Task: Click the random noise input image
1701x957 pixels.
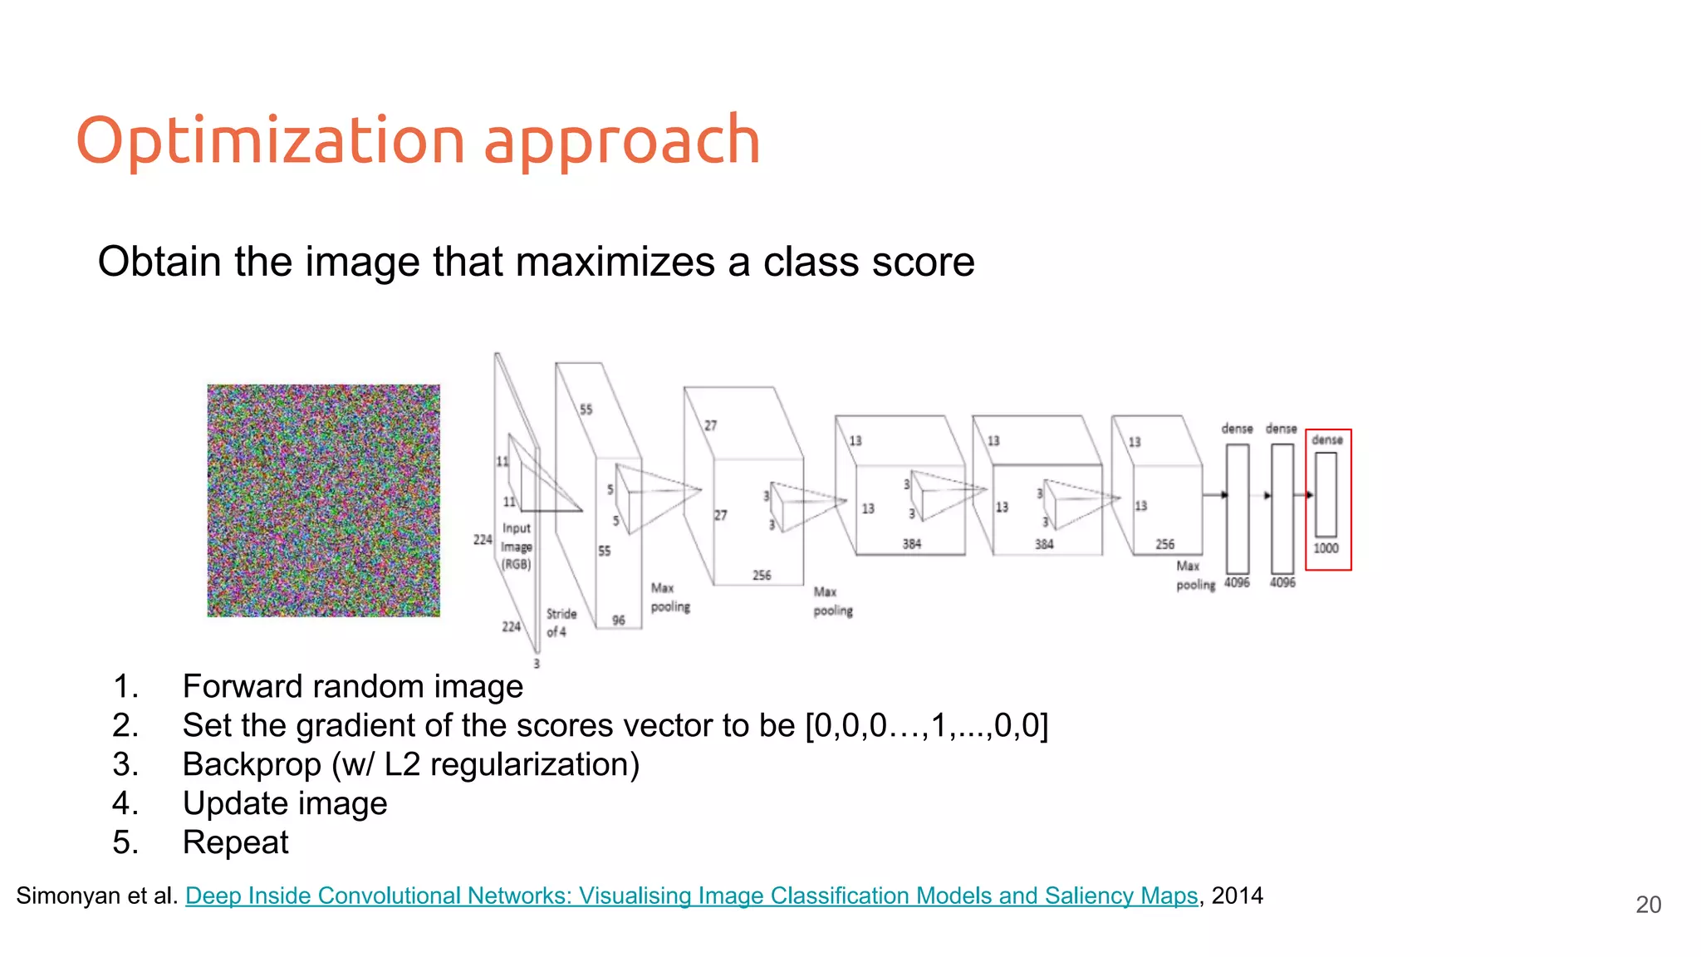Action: [x=323, y=500]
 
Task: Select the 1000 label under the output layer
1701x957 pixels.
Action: [x=1326, y=548]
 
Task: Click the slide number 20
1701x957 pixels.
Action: [x=1648, y=905]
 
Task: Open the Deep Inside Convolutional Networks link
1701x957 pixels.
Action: [x=691, y=896]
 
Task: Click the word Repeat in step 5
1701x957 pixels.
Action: [x=235, y=842]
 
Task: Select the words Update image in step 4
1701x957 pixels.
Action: [x=285, y=803]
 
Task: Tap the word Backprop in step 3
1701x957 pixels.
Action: [x=252, y=764]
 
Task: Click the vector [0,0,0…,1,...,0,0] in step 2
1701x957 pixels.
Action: [x=926, y=725]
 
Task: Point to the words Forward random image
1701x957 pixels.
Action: [x=353, y=686]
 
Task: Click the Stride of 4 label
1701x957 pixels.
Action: [x=561, y=622]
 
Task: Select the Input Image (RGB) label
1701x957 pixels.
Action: [x=516, y=546]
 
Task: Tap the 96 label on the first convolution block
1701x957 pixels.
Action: [x=619, y=621]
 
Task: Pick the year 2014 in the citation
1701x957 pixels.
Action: [x=1237, y=896]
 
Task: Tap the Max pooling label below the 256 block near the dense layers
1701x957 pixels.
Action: [x=1194, y=575]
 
